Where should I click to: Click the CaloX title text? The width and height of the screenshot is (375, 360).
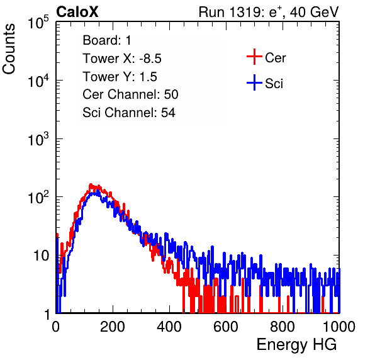(77, 12)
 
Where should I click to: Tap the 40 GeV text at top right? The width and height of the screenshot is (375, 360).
(314, 12)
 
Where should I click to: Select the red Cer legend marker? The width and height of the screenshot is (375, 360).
(254, 57)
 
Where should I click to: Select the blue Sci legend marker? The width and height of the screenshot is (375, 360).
(254, 82)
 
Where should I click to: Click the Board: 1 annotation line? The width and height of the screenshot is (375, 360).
(107, 40)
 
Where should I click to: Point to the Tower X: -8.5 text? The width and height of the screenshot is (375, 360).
(122, 59)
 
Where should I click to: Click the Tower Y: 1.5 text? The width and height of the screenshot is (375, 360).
(120, 77)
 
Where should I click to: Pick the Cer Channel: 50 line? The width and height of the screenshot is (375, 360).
(130, 94)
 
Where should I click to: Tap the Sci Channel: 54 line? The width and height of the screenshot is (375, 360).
(129, 113)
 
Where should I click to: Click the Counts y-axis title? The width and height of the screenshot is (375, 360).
(9, 49)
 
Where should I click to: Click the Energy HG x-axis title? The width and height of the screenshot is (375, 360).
(296, 345)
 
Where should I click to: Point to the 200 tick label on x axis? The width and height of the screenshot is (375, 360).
(113, 327)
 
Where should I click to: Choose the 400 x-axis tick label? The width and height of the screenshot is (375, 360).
(169, 327)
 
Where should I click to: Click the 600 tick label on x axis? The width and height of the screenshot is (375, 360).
(226, 327)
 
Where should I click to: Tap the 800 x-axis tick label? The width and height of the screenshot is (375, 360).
(283, 327)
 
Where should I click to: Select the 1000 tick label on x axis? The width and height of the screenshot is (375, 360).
(339, 327)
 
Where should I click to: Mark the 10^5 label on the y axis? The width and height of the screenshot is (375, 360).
(38, 23)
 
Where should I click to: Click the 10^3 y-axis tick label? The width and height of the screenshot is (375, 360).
(38, 139)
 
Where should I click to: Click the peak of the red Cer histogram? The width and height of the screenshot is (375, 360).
(91, 184)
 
